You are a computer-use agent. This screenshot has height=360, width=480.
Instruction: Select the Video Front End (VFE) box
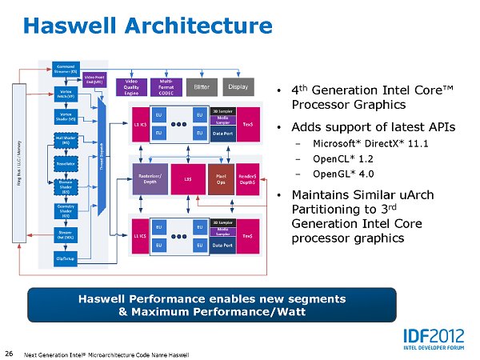coord(94,79)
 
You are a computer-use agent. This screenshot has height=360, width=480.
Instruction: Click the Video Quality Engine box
coord(134,87)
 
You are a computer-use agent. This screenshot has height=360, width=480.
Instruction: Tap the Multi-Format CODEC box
coord(169,87)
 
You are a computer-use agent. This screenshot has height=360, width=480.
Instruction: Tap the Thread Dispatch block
coord(102,160)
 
